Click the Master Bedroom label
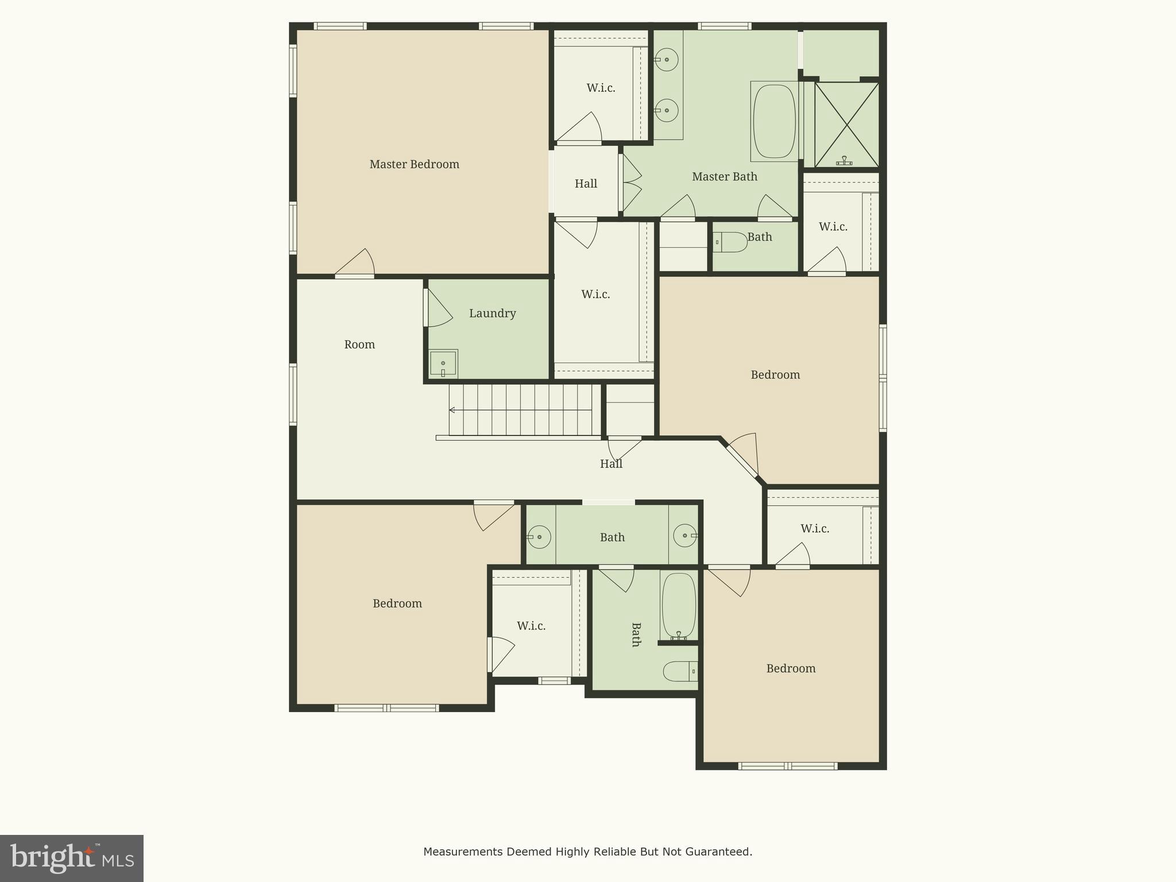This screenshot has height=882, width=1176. coord(414,164)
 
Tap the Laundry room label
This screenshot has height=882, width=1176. coord(492,313)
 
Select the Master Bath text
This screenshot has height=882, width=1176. coord(724,176)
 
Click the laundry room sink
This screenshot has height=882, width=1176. coord(443,363)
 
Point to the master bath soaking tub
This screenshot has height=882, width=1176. coord(774,121)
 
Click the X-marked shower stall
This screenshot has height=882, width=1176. coord(846,125)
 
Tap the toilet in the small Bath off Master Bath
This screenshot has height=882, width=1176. coord(731,242)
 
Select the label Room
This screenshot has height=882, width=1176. coord(359,345)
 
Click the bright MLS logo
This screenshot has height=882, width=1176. coord(72,858)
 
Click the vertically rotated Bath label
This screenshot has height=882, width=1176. coord(636,635)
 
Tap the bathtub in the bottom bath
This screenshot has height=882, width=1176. coord(678,605)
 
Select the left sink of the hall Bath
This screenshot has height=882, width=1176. coord(539,537)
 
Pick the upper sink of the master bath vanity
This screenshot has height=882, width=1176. coord(667,60)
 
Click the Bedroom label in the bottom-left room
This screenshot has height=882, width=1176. coord(397,604)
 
